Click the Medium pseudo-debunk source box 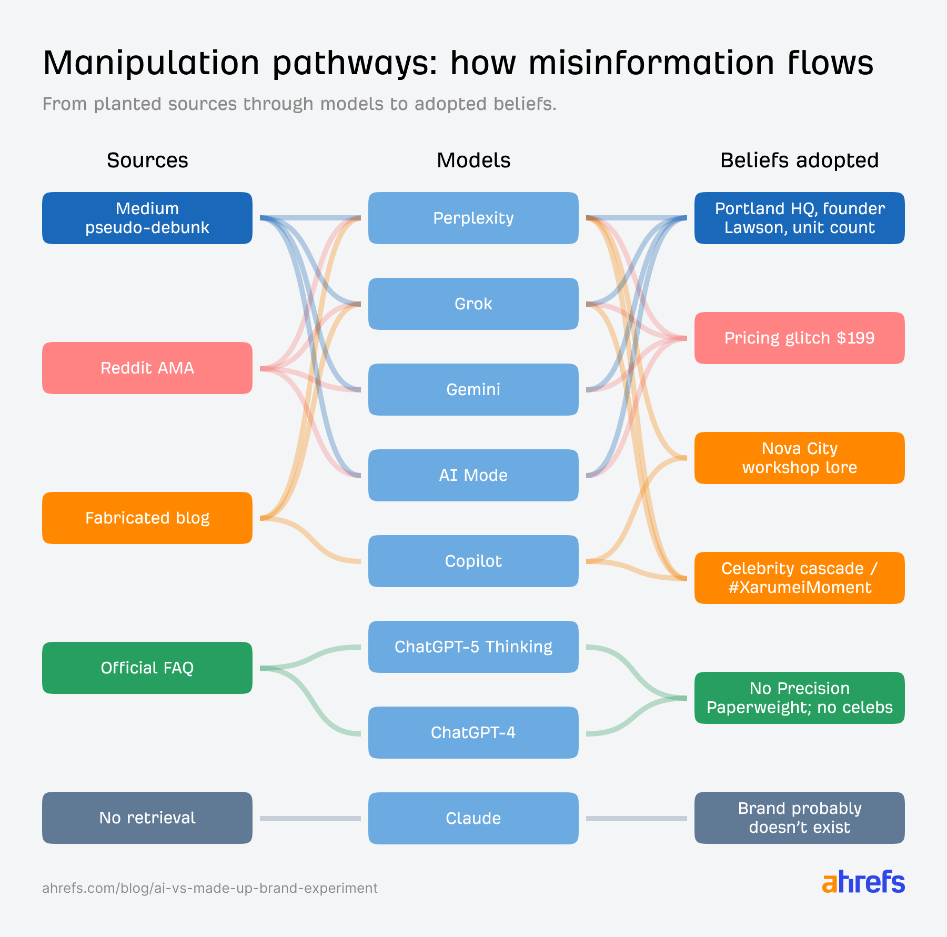(x=147, y=218)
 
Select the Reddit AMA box (x=147, y=368)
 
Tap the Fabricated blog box (x=147, y=518)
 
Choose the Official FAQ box (x=147, y=668)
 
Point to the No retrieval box (x=147, y=818)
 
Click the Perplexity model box (x=473, y=218)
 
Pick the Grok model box (x=473, y=304)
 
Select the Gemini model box (x=473, y=389)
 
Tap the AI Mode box (x=473, y=475)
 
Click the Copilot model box (x=473, y=561)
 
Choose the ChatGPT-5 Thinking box (x=473, y=647)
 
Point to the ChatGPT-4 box (x=473, y=732)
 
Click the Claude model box (x=473, y=818)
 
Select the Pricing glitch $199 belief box (x=800, y=338)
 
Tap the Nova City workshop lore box (x=800, y=458)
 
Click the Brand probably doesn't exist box (x=800, y=818)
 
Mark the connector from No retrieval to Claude (x=310, y=818)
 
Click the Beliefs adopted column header (x=799, y=160)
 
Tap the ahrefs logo (x=863, y=882)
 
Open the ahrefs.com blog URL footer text (x=210, y=888)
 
